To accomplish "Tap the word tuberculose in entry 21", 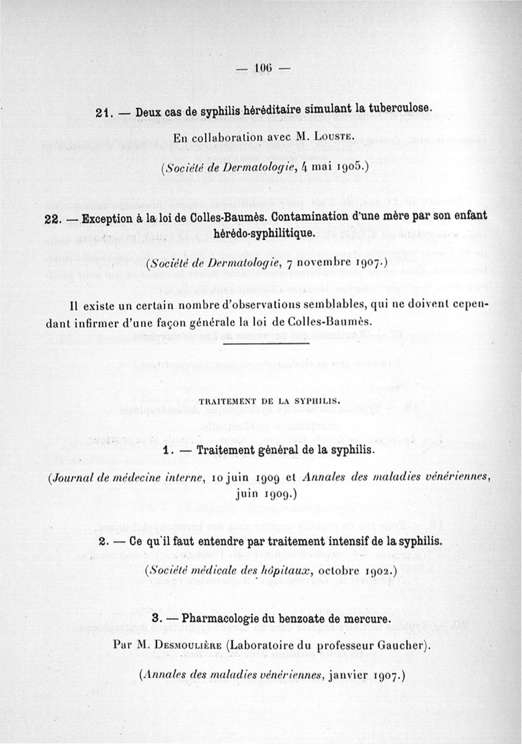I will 392,112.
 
